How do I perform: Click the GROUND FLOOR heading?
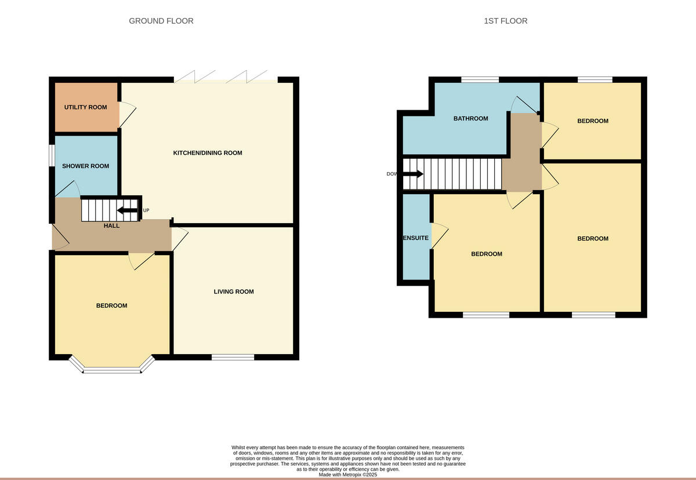[161, 21]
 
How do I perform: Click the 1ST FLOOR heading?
[506, 21]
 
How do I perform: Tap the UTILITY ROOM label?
[85, 107]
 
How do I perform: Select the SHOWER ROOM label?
[85, 166]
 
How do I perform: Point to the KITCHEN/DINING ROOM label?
[208, 153]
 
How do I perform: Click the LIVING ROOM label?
[234, 292]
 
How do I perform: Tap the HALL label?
[111, 226]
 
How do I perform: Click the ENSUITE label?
[416, 238]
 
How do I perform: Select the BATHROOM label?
[470, 119]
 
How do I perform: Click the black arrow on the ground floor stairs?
[128, 210]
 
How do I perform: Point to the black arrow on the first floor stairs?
[413, 174]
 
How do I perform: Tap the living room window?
[233, 357]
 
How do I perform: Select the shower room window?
[52, 155]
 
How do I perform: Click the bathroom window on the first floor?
[480, 79]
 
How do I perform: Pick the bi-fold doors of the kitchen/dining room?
[226, 78]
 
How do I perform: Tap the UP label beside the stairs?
[146, 210]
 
